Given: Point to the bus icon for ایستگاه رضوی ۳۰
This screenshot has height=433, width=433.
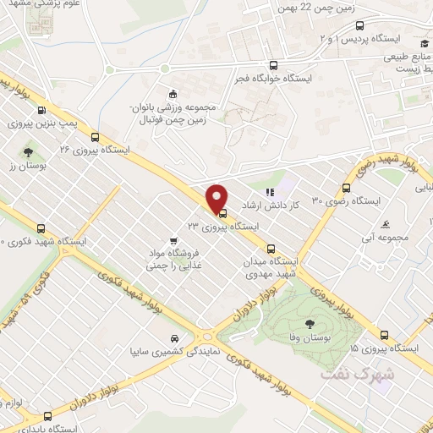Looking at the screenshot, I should [x=346, y=188].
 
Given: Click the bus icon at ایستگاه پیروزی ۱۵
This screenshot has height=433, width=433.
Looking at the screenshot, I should [x=385, y=335].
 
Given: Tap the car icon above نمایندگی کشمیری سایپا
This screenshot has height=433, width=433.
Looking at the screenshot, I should [x=173, y=335].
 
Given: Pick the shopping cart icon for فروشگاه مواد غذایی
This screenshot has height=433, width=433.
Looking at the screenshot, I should [x=173, y=239].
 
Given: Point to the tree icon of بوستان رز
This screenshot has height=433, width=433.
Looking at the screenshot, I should [x=29, y=152].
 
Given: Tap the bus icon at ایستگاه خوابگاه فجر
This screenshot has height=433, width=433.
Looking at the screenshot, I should [x=272, y=65].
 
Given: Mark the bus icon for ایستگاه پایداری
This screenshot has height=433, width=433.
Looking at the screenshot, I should [x=47, y=415].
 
